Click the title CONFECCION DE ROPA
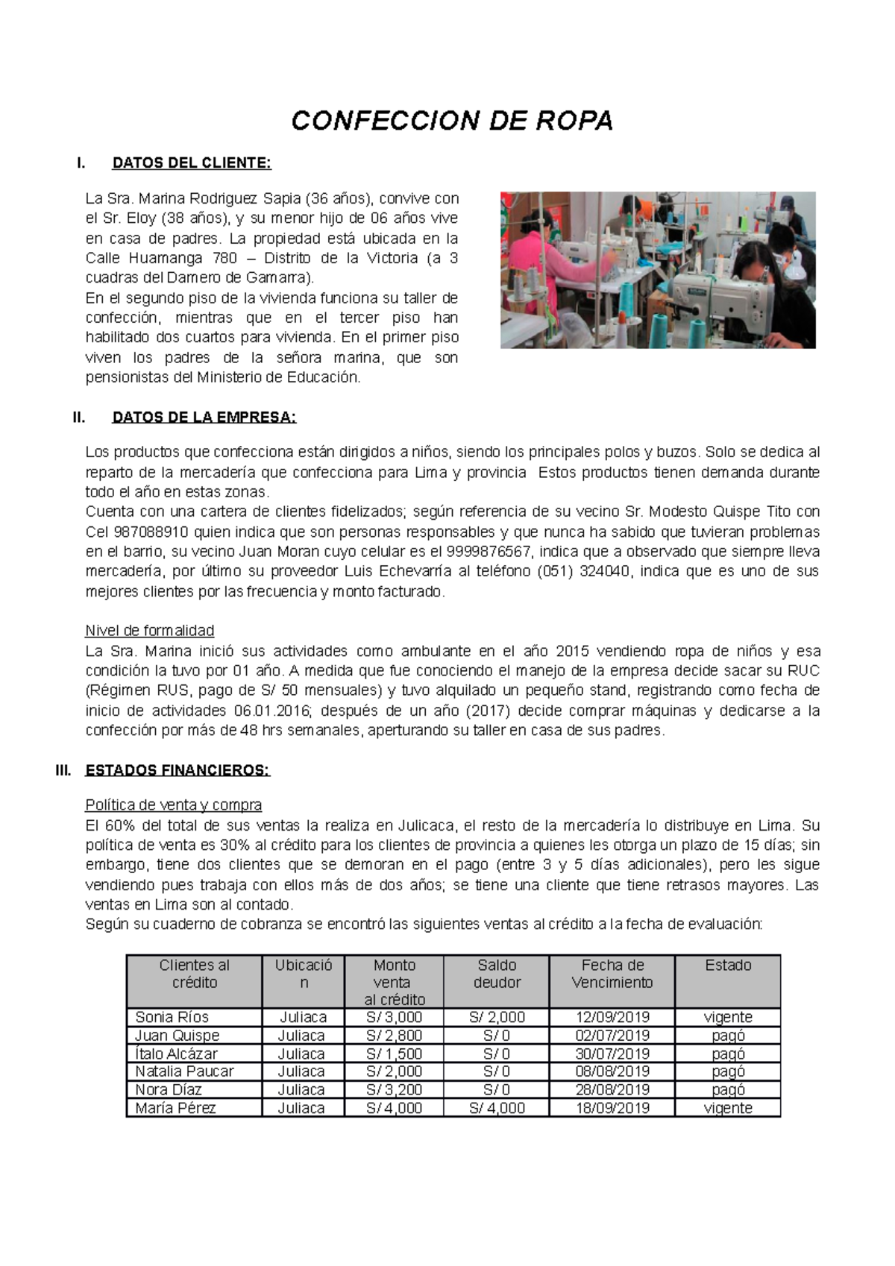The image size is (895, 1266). [452, 120]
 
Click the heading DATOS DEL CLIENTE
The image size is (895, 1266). [191, 163]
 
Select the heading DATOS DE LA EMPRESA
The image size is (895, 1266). [204, 418]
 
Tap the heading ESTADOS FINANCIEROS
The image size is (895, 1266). [178, 770]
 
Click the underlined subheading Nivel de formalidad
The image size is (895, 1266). [150, 631]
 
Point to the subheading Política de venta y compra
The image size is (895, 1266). [174, 805]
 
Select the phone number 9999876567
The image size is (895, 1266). [489, 552]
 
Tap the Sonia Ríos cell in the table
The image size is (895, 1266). [172, 1017]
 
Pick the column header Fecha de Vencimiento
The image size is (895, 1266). [612, 974]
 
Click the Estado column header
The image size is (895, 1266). [727, 966]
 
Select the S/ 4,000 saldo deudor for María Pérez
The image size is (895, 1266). [497, 1108]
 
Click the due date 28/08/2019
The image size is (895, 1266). [612, 1089]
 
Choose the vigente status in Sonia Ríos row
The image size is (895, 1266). [727, 1017]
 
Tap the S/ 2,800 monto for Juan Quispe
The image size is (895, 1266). [394, 1036]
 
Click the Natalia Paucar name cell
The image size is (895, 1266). [184, 1071]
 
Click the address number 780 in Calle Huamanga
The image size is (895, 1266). [224, 259]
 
